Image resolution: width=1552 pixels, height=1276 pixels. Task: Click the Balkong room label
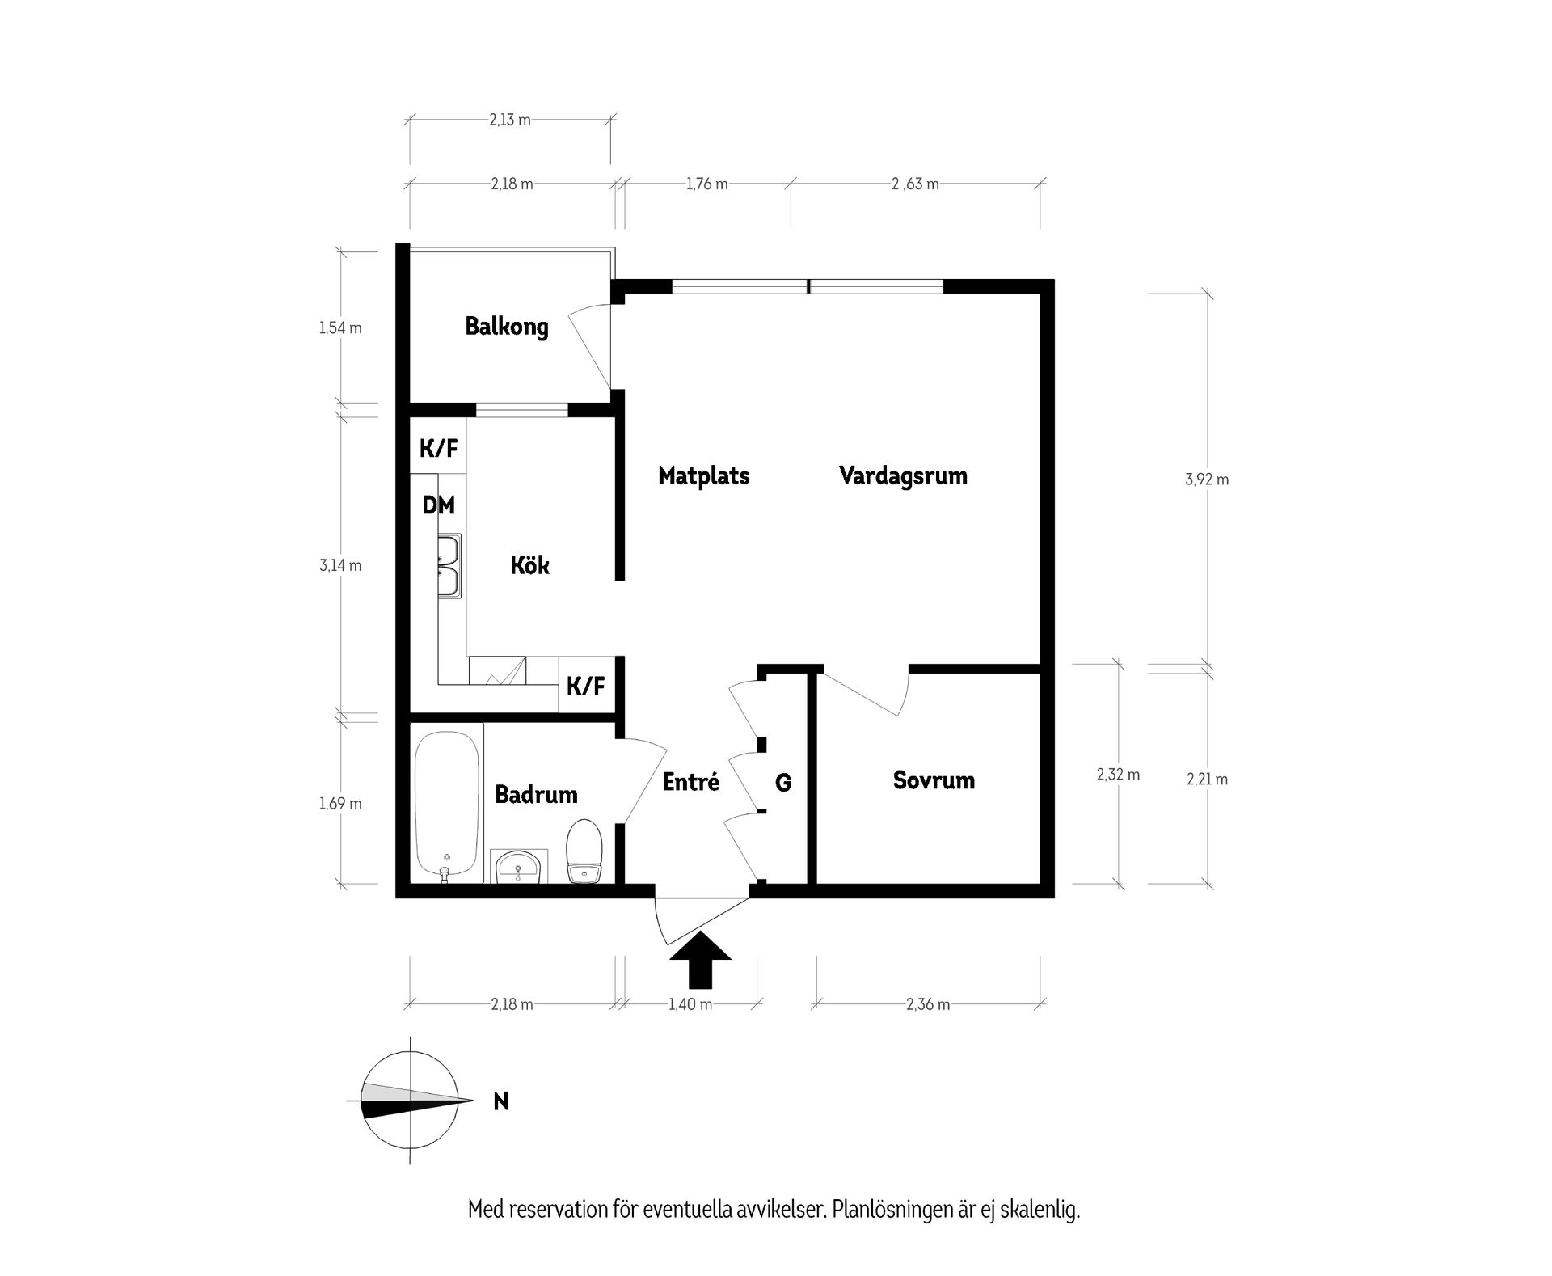coord(507,327)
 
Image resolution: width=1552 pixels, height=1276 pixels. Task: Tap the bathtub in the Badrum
coord(446,804)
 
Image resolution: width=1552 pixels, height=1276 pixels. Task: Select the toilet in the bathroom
coord(584,852)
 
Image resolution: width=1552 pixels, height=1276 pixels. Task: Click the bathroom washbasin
coord(518,867)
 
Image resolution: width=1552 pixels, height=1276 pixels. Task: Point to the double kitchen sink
coord(450,567)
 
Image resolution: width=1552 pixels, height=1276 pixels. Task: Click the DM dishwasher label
coord(438,505)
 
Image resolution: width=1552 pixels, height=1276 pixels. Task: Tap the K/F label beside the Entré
coord(585,687)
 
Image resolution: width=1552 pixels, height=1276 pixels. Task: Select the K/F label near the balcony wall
coord(438,447)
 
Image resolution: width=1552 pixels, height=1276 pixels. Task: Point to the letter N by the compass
coord(501,1101)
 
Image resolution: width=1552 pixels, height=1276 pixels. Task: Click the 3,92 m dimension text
coord(1207,480)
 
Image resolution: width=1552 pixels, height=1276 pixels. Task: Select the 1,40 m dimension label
coord(690,1004)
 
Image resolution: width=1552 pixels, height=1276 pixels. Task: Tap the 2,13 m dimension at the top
coord(510,120)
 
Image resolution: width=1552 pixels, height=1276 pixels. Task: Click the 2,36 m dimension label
coord(928,1004)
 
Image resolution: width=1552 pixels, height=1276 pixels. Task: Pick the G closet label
coord(783,782)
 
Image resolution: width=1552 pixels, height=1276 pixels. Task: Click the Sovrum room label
coord(934,780)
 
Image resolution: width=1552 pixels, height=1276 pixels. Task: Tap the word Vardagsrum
coord(903,475)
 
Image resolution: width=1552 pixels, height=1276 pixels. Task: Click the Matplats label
coord(704,475)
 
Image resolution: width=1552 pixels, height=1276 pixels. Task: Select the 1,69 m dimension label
coord(340,804)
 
